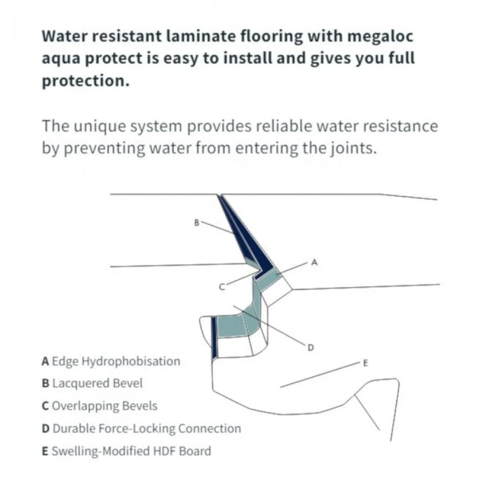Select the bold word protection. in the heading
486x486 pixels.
point(86,81)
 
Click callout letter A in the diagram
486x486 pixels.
point(314,262)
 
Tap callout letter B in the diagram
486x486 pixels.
point(196,223)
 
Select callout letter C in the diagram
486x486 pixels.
point(222,287)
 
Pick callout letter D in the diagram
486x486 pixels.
point(311,347)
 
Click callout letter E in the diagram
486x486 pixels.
point(365,363)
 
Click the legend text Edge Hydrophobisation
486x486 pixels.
point(116,362)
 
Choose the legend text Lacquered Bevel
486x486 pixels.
point(97,383)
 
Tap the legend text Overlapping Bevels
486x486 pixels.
point(104,406)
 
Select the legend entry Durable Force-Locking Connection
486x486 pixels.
point(146,429)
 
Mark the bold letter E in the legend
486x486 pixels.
point(45,451)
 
